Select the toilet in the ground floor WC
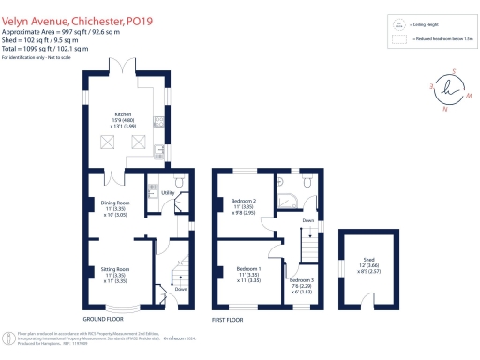pos(178,183)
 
